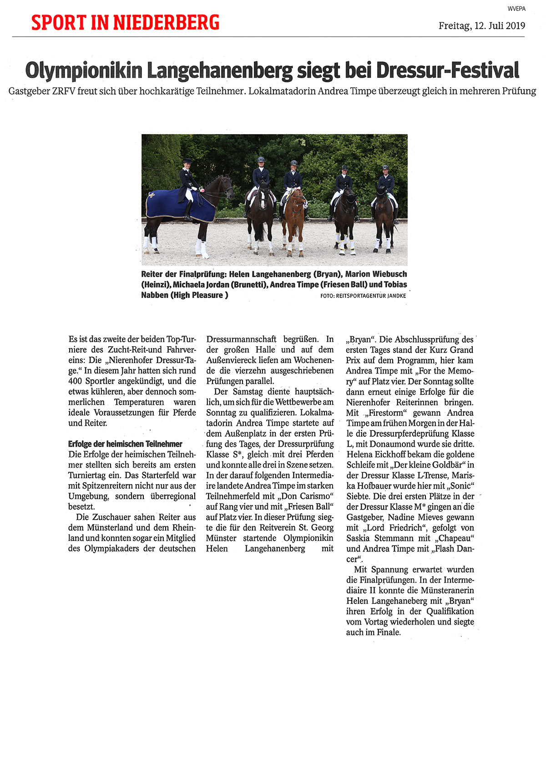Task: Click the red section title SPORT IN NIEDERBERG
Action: (x=125, y=22)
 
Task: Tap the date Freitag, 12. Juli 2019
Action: (x=481, y=25)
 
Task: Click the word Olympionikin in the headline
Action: (x=83, y=71)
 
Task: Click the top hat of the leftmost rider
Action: (x=187, y=161)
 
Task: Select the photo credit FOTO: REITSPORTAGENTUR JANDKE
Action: (x=363, y=296)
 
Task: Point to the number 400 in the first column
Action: (x=76, y=381)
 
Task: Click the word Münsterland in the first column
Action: (x=111, y=528)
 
